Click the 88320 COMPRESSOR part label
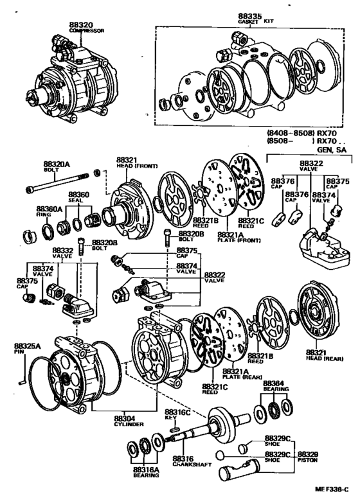point(86,28)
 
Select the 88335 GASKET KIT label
point(251,18)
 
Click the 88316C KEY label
point(175,414)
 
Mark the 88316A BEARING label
point(145,473)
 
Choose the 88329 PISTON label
point(307,457)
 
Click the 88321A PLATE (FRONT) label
point(233,238)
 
